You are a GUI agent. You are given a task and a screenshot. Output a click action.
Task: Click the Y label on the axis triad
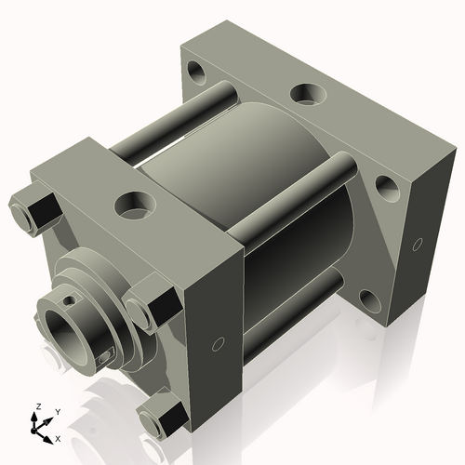(x=57, y=411)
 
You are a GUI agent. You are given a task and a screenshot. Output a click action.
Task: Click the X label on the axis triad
(x=58, y=437)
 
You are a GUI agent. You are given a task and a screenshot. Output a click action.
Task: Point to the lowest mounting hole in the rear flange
(x=369, y=299)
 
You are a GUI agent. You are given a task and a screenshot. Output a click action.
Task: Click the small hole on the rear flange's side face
(x=415, y=246)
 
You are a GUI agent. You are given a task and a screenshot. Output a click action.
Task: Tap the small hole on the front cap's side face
(x=218, y=345)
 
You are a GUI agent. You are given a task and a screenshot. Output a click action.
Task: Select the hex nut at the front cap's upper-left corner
(x=34, y=210)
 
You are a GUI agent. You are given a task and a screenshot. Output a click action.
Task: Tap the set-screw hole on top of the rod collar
(x=69, y=299)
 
